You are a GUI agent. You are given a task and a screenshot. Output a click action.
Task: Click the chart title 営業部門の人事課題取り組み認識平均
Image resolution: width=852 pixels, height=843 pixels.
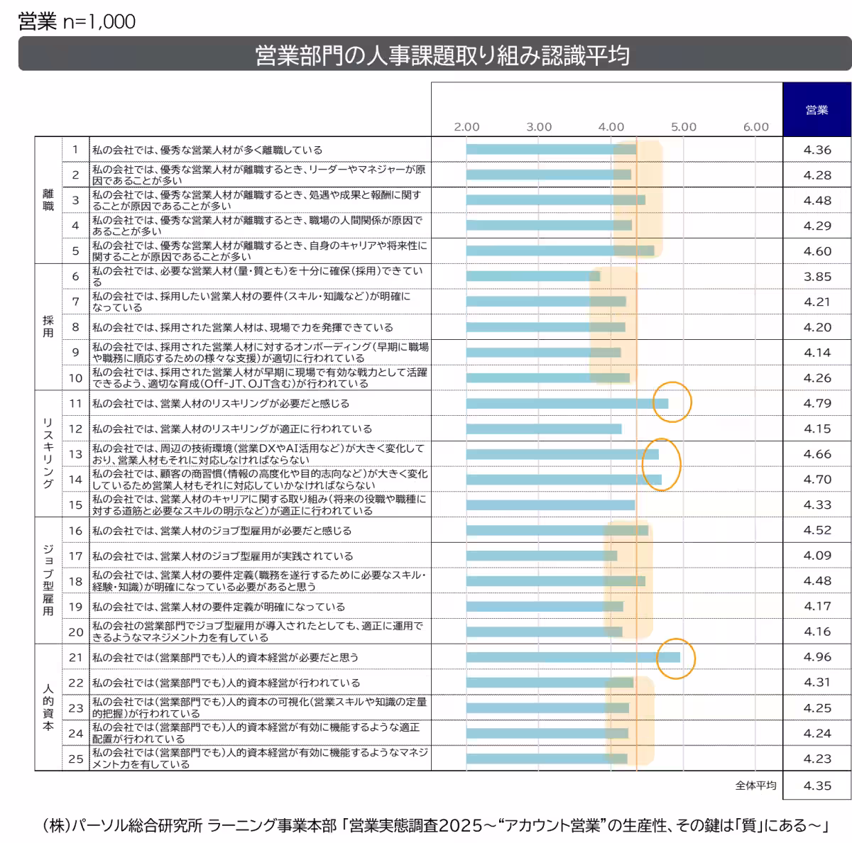[442, 55]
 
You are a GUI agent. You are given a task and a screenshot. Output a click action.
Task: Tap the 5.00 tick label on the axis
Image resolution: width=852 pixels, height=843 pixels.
[683, 127]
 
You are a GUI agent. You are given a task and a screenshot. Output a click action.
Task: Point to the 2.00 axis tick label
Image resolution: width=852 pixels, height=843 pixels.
[466, 127]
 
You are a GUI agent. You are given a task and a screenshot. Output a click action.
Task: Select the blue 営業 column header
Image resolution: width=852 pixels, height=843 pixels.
[816, 110]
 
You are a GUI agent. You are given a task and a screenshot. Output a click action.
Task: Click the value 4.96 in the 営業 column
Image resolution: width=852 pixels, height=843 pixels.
[817, 657]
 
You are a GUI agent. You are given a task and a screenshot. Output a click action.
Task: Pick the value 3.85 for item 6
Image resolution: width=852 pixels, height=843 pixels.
[817, 277]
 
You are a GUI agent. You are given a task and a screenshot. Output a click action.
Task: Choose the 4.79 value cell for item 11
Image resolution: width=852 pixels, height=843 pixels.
[817, 403]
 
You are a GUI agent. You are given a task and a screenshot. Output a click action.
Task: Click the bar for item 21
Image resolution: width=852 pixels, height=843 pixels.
[572, 657]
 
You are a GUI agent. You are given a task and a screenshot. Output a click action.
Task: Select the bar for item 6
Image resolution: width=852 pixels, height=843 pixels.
[532, 276]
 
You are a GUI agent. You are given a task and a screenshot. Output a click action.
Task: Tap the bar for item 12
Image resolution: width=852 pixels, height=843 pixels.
[543, 429]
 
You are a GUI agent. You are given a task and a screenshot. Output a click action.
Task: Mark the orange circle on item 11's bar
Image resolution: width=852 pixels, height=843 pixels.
[672, 402]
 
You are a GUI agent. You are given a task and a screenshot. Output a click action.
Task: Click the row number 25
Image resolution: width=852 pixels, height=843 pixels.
[76, 759]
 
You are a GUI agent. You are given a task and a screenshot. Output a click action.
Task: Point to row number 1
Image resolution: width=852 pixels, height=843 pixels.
[76, 150]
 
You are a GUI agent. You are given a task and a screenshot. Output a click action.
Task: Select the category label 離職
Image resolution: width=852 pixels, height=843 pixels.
[48, 200]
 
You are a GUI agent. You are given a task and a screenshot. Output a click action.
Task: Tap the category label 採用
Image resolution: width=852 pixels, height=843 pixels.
[48, 327]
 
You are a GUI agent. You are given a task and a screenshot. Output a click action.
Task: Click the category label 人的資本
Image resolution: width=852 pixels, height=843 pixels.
[48, 707]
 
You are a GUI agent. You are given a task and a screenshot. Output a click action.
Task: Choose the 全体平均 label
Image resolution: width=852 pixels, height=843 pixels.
[755, 786]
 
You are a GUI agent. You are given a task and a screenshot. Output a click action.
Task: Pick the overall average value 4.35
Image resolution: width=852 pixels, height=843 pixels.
[817, 786]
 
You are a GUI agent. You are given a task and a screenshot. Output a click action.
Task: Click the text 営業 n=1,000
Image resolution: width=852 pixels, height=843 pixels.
[77, 22]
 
